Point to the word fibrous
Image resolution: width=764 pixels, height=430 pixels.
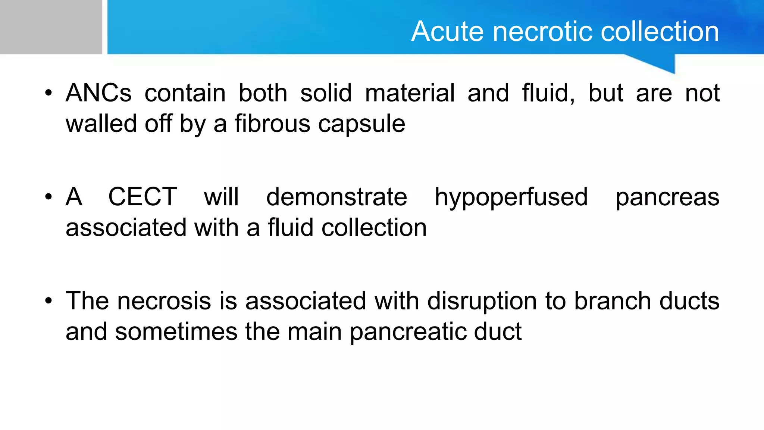(x=272, y=124)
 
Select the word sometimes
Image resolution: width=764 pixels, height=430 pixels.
(x=176, y=331)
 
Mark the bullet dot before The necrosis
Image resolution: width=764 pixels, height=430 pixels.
(x=48, y=301)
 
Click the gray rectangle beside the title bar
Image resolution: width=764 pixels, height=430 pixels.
(x=51, y=27)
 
